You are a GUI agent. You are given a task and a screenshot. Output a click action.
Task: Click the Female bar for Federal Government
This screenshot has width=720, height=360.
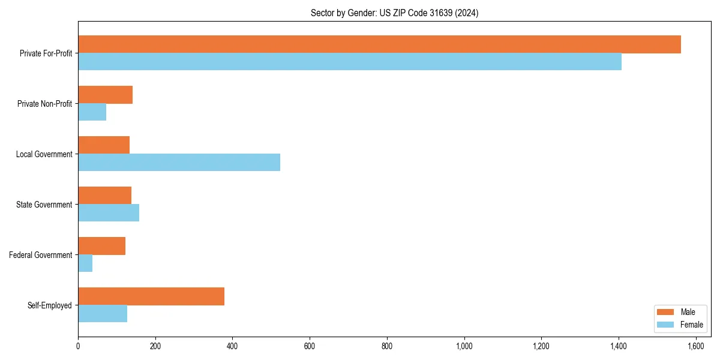tap(85, 263)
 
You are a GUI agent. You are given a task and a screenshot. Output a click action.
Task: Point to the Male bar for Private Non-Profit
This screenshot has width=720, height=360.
tap(105, 95)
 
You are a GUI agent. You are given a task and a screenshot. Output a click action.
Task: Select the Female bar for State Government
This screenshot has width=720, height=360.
tap(109, 212)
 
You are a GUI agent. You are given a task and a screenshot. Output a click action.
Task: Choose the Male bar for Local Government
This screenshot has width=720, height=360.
tap(104, 145)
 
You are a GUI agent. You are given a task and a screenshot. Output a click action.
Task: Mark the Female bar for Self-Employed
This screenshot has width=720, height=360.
tap(103, 313)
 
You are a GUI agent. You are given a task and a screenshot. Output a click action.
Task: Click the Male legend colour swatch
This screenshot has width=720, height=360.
tap(666, 312)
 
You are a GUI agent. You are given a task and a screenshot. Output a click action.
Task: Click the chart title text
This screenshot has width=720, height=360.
tap(394, 13)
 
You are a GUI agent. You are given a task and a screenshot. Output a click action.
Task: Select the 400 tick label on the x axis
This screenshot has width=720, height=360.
tap(232, 346)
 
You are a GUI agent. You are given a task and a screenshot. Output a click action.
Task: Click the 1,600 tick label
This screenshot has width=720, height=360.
tap(696, 346)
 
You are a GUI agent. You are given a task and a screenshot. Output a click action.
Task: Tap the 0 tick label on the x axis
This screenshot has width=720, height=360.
tap(78, 346)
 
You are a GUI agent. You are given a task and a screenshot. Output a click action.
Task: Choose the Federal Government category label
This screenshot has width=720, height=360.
tap(41, 255)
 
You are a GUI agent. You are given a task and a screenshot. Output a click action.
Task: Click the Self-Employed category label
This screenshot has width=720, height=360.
tap(50, 305)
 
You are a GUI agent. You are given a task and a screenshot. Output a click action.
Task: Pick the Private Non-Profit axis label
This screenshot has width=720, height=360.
tap(44, 104)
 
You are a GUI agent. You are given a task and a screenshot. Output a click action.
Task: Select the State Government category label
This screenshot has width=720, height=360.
tap(44, 205)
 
